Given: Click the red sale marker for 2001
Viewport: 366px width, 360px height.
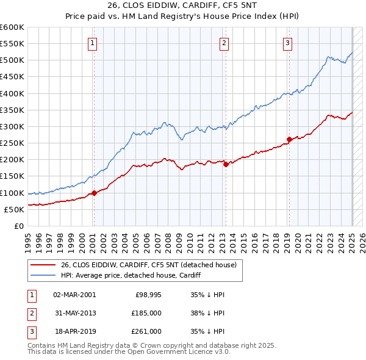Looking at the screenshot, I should (94, 193).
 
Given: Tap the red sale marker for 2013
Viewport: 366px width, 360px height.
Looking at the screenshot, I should (226, 164).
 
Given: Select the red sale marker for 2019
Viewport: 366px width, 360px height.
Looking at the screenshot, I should (289, 139).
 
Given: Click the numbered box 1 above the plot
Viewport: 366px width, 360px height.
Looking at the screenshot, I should (92, 43).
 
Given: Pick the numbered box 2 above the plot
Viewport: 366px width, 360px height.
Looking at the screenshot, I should (224, 43).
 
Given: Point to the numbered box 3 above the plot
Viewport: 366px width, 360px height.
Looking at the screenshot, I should (287, 43).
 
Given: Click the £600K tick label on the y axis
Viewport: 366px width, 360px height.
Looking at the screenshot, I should (12, 27).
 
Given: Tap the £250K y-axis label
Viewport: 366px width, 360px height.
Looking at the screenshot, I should (12, 143).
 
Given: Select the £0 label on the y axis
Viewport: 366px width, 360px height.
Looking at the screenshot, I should (18, 226).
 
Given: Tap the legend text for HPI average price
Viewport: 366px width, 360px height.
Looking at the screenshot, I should (131, 275).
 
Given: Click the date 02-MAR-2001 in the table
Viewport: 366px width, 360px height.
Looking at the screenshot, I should (74, 295).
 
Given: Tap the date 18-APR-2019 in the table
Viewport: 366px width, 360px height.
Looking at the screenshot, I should (74, 331).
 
